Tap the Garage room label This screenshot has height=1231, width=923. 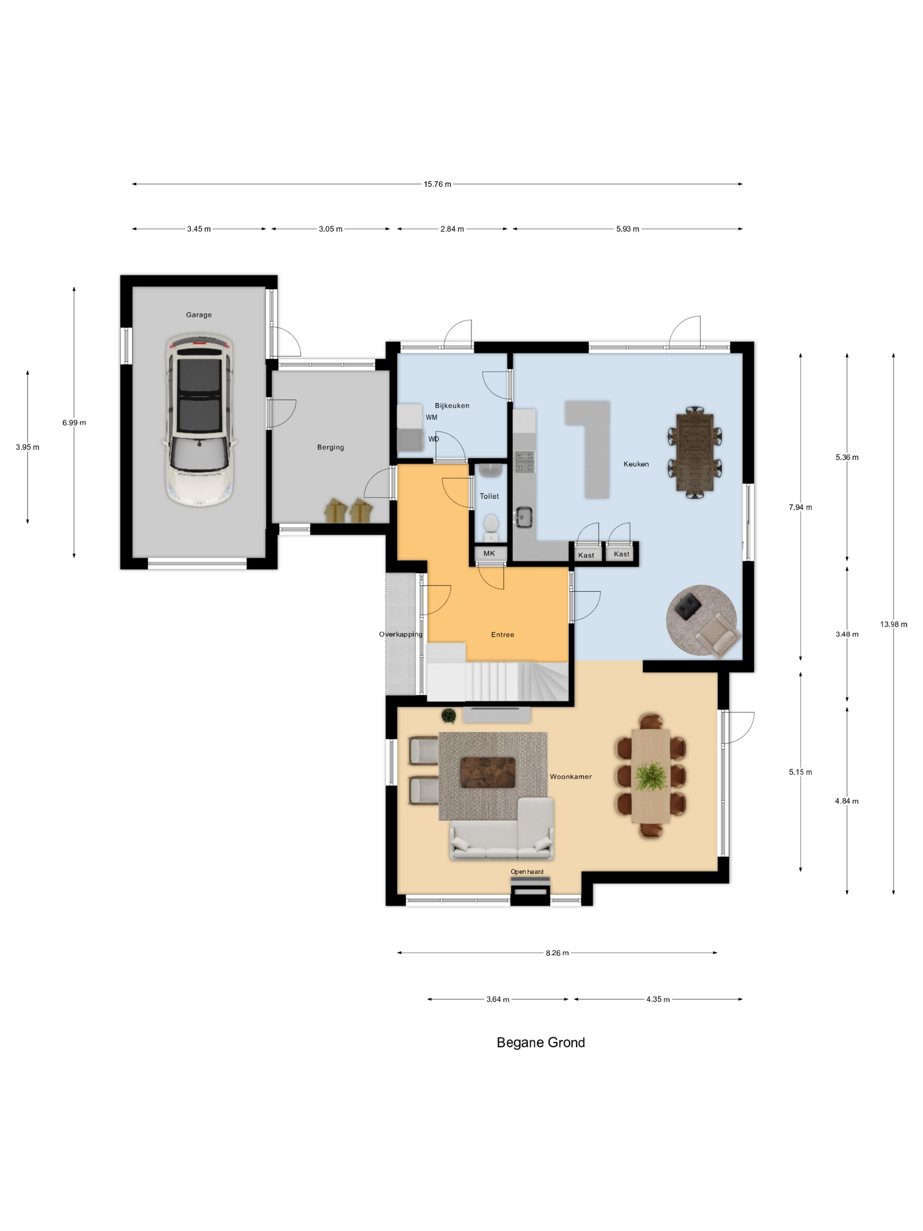tap(199, 315)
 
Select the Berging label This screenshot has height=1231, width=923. tap(331, 448)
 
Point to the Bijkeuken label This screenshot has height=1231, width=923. tap(452, 406)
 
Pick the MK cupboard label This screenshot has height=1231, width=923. tap(489, 553)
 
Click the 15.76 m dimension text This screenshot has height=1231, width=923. tap(437, 184)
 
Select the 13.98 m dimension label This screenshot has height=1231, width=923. tap(893, 624)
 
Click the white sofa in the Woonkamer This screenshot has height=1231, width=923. tap(502, 830)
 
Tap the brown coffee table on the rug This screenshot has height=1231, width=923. tap(487, 772)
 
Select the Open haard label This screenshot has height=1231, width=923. tap(527, 872)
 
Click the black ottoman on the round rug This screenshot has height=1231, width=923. tap(688, 605)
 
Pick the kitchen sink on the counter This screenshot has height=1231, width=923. tap(523, 517)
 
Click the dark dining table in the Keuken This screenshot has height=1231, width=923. tap(694, 452)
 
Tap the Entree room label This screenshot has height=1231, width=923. tap(502, 634)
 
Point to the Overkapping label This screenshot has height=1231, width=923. tap(400, 634)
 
